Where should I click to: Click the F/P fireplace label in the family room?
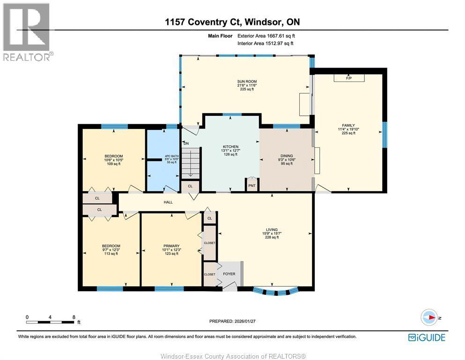pyautogui.click(x=349, y=78)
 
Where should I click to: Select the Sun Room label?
pyautogui.click(x=247, y=85)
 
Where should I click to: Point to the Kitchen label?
pyautogui.click(x=230, y=150)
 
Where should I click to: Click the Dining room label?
pyautogui.click(x=287, y=160)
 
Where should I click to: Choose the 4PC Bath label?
pyautogui.click(x=172, y=159)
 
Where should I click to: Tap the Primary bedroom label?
pyautogui.click(x=171, y=249)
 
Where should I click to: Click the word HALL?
pyautogui.click(x=168, y=202)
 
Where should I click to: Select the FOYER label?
pyautogui.click(x=229, y=274)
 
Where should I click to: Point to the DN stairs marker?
pyautogui.click(x=186, y=143)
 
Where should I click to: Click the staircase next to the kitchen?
pyautogui.click(x=190, y=164)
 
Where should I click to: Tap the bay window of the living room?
pyautogui.click(x=275, y=292)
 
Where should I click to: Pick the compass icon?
pyautogui.click(x=429, y=317)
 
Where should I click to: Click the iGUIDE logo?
pyautogui.click(x=427, y=337)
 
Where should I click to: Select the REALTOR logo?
pyautogui.click(x=28, y=32)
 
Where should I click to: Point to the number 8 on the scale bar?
pyautogui.click(x=74, y=317)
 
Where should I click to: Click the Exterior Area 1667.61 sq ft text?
pyautogui.click(x=266, y=36)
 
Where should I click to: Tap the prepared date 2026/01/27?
pyautogui.click(x=244, y=321)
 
